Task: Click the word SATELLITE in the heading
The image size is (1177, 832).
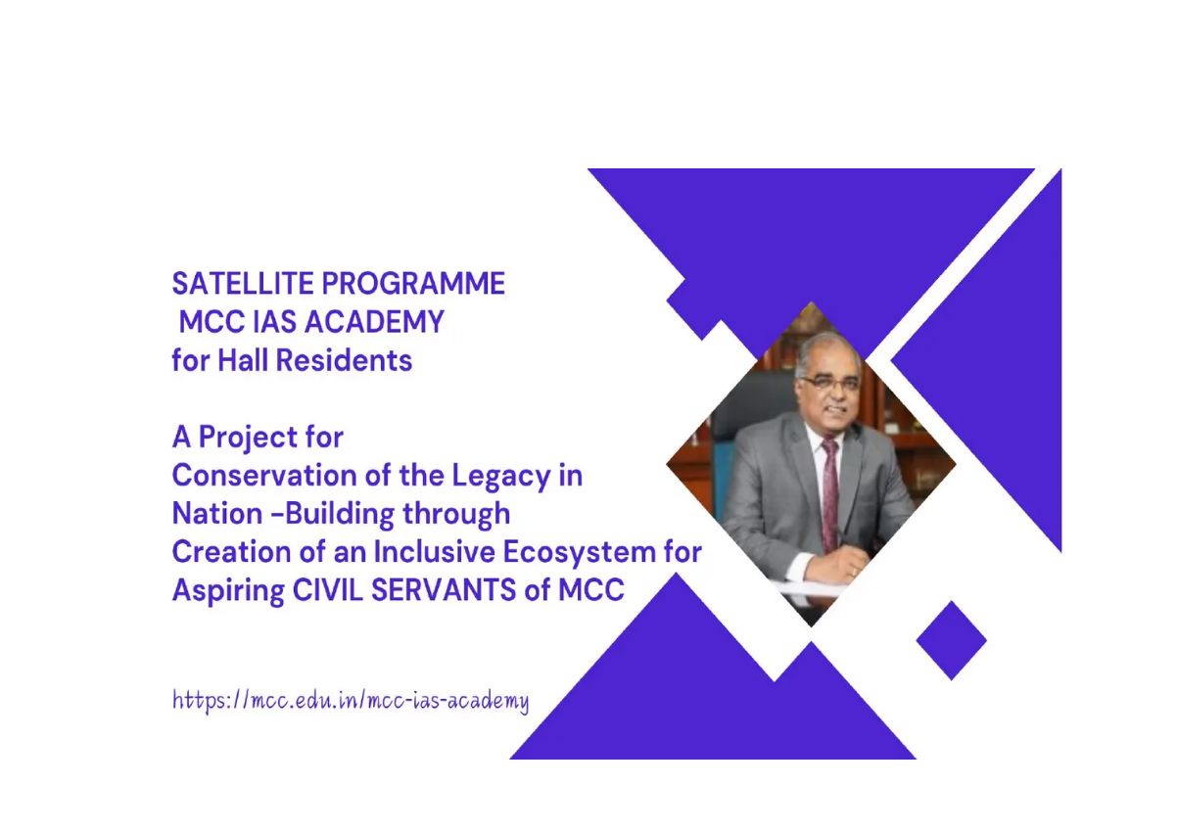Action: click(243, 284)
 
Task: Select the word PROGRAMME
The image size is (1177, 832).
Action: click(413, 284)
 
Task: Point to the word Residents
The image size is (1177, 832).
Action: click(344, 360)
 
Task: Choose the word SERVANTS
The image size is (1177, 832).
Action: click(444, 590)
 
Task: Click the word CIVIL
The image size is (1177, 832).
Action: click(327, 590)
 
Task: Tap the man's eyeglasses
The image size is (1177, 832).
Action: click(827, 383)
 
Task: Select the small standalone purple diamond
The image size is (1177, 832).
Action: click(951, 640)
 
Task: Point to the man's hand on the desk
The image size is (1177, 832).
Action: click(835, 569)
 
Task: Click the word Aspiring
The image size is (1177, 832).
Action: click(228, 591)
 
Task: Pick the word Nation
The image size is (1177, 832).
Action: click(217, 514)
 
